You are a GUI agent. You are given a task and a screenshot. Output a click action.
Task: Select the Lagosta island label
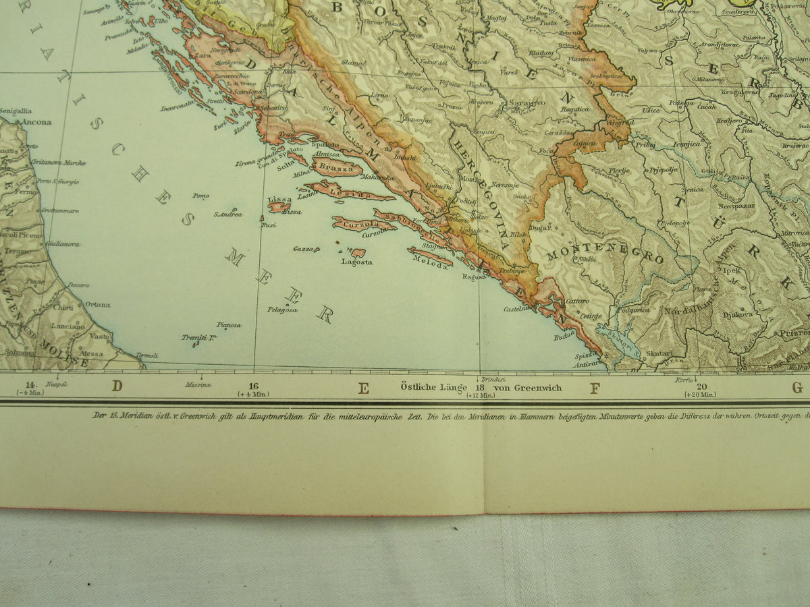pos(357,262)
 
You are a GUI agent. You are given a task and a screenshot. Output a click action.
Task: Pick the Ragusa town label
pos(474,275)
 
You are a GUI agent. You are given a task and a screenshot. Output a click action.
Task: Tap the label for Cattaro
pos(577,301)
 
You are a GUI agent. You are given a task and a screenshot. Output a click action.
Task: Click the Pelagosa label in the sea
pos(282,310)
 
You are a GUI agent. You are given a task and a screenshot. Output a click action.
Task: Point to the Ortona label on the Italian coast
pos(97,304)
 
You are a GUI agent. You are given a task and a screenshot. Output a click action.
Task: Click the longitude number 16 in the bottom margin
pos(252,386)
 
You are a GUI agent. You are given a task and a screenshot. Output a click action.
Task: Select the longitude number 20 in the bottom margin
pos(701,386)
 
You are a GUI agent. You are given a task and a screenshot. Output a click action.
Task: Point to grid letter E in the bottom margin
pos(363,388)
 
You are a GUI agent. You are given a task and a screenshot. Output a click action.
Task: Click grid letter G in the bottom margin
pos(797,388)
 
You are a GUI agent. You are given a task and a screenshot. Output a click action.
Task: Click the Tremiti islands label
pos(198,337)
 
